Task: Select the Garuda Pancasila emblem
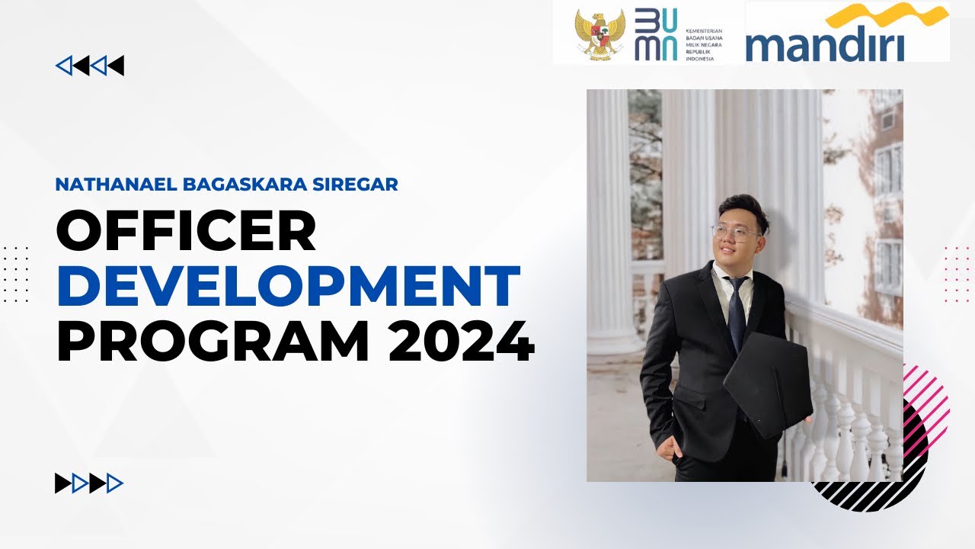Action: point(599,35)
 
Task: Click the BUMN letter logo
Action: point(655,35)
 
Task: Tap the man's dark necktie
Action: point(736,313)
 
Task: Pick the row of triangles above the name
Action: point(90,66)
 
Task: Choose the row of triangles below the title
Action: point(89,483)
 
